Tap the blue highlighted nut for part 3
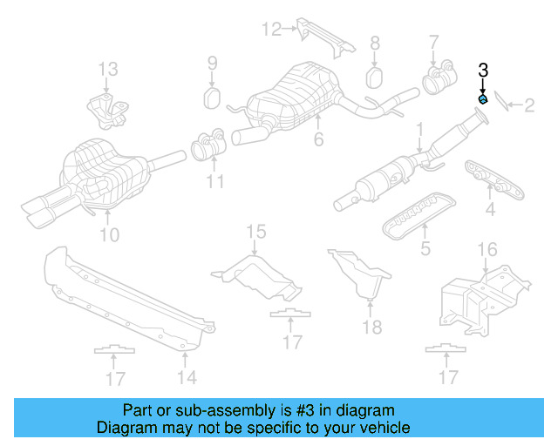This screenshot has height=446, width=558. click(483, 99)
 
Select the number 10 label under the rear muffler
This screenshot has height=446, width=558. click(109, 234)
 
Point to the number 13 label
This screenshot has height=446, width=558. click(106, 69)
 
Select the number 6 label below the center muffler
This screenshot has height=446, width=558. click(319, 139)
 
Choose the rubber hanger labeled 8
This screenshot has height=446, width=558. click(374, 77)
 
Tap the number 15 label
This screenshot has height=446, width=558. click(255, 231)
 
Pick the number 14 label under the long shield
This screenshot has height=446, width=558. click(186, 376)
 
